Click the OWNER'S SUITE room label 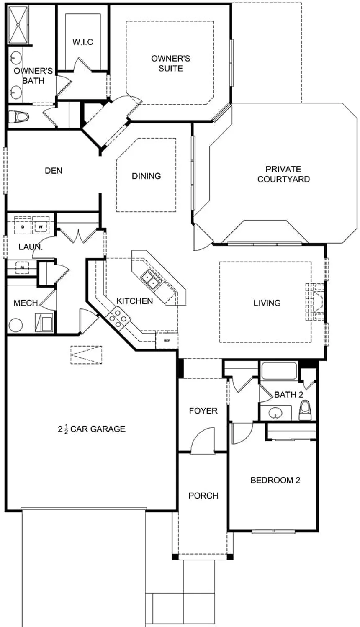170,63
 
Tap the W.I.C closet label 82,42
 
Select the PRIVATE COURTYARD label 283,174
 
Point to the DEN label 54,170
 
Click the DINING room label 146,176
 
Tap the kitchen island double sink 149,280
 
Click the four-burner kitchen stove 119,317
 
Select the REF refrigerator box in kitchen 167,341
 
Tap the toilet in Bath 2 305,410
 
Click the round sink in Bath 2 275,414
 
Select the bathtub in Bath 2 279,371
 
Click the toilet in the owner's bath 18,116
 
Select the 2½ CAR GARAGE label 92,429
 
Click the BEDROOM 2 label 275,480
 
